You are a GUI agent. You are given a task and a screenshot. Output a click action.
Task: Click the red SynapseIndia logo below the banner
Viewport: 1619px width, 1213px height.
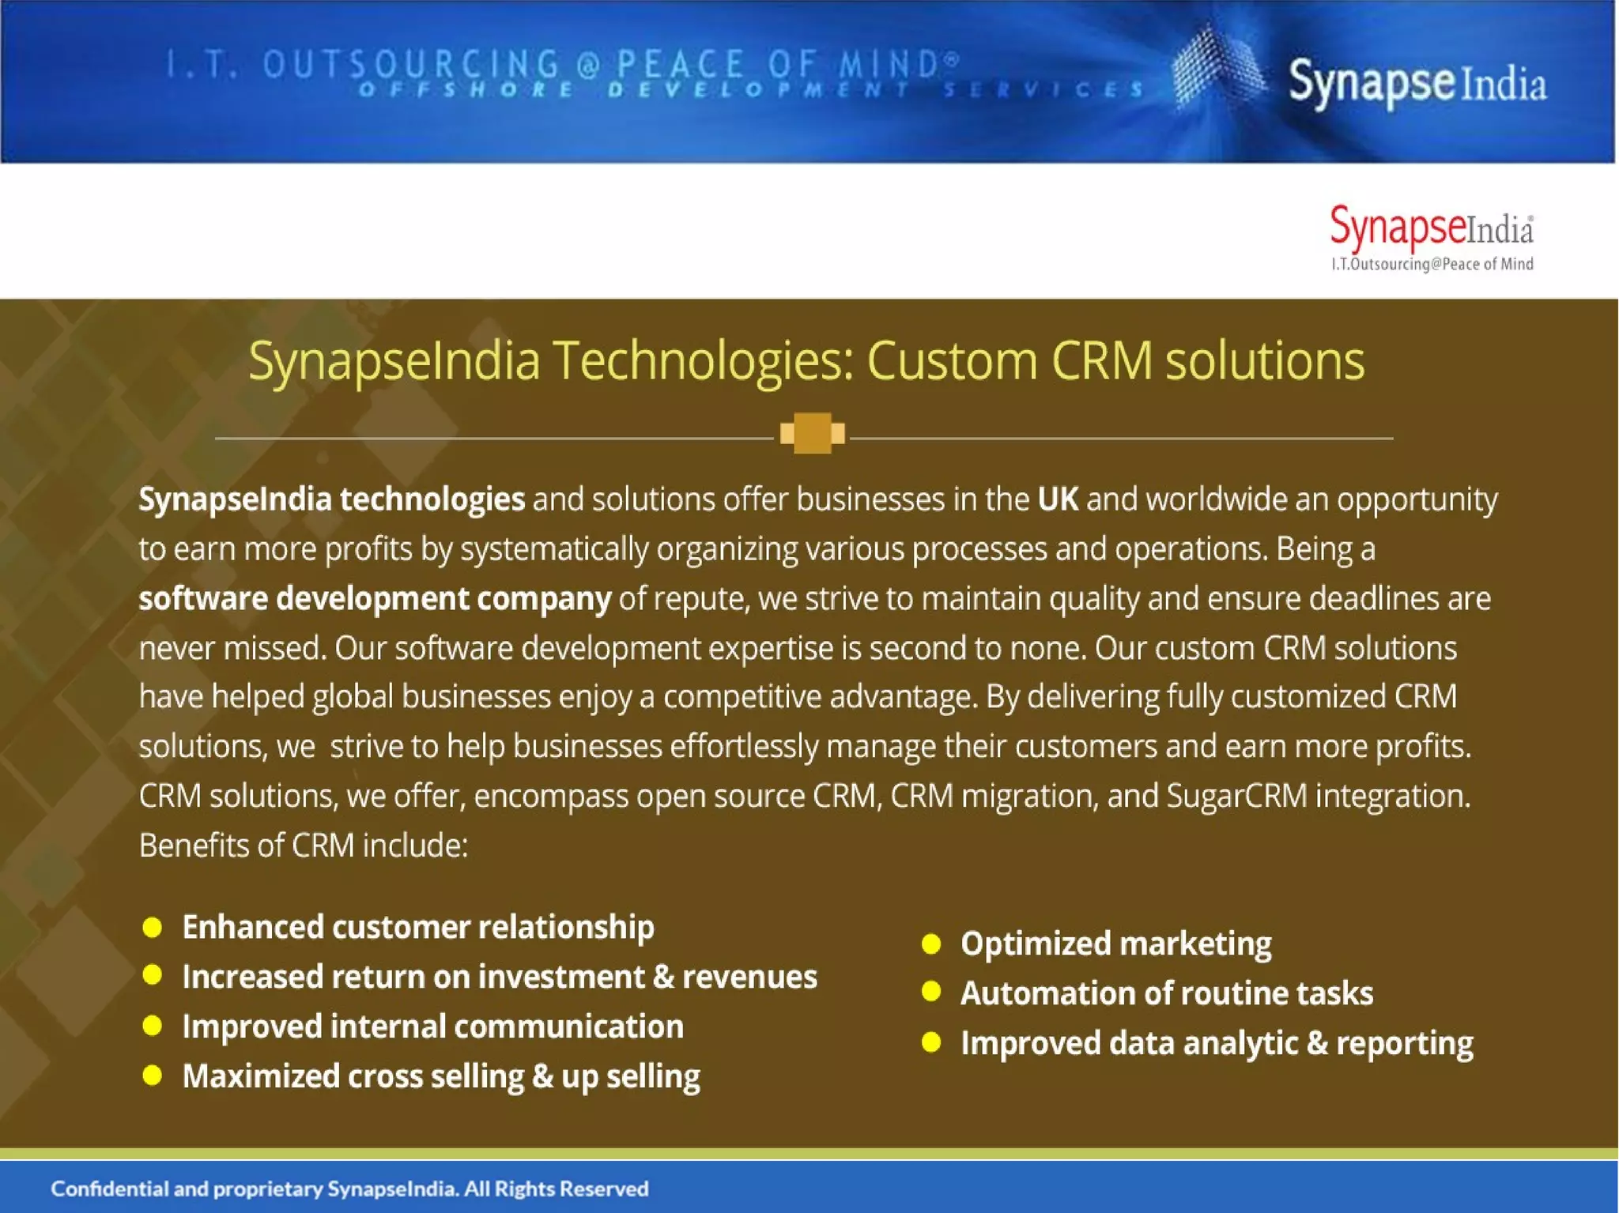pos(1431,228)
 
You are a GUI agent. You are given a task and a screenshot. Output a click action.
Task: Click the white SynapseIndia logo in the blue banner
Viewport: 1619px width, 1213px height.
pos(1417,83)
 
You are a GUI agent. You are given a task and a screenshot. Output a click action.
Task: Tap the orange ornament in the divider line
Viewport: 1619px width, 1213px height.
pos(812,433)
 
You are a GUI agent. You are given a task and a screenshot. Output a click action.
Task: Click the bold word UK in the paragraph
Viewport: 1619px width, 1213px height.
pos(1058,499)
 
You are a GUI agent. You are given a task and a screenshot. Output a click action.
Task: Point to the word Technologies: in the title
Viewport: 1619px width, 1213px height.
pos(703,361)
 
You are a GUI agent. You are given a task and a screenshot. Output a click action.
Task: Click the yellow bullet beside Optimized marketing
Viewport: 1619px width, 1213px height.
pos(931,944)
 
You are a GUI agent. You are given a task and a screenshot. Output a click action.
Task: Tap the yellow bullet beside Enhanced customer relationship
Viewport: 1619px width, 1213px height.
pos(152,927)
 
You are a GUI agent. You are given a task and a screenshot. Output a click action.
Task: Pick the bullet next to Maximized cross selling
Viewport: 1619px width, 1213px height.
pos(152,1076)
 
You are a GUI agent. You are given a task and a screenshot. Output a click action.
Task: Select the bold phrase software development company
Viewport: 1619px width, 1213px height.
pos(375,599)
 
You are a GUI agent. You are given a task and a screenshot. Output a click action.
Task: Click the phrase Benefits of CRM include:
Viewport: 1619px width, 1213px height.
pos(304,846)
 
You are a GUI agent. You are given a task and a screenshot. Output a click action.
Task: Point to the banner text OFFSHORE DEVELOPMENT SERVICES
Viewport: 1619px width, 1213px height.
pos(751,90)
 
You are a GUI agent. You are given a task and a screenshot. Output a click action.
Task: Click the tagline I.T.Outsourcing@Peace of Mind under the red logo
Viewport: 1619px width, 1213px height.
pos(1432,264)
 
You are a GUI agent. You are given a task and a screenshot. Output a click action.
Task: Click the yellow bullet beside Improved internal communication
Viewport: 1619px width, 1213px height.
pos(152,1026)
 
